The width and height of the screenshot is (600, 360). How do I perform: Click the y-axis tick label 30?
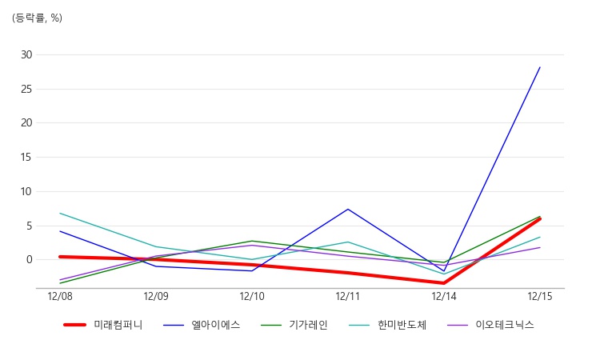pyautogui.click(x=26, y=54)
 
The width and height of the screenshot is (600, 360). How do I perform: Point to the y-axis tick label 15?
pyautogui.click(x=26, y=158)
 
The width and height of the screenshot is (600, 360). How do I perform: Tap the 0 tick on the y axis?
pyautogui.click(x=30, y=260)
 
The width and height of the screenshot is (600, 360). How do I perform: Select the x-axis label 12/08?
pyautogui.click(x=60, y=297)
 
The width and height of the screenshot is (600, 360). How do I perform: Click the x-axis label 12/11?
pyautogui.click(x=348, y=297)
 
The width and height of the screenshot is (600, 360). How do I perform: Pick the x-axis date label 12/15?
pyautogui.click(x=540, y=297)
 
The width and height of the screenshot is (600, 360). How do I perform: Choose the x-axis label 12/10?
pyautogui.click(x=252, y=297)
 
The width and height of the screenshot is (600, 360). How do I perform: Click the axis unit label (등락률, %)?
pyautogui.click(x=37, y=18)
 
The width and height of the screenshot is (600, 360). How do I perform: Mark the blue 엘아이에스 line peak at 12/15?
pyautogui.click(x=540, y=67)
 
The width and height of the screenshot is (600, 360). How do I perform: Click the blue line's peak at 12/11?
pyautogui.click(x=348, y=209)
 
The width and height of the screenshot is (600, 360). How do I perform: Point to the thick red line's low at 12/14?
pyautogui.click(x=444, y=283)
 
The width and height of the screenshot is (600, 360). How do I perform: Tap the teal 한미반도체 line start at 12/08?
pyautogui.click(x=60, y=213)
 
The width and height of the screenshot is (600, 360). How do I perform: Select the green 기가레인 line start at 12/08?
pyautogui.click(x=60, y=283)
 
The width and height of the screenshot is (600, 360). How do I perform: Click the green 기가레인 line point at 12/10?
pyautogui.click(x=252, y=241)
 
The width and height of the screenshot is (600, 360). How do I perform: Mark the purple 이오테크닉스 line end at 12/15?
pyautogui.click(x=540, y=247)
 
